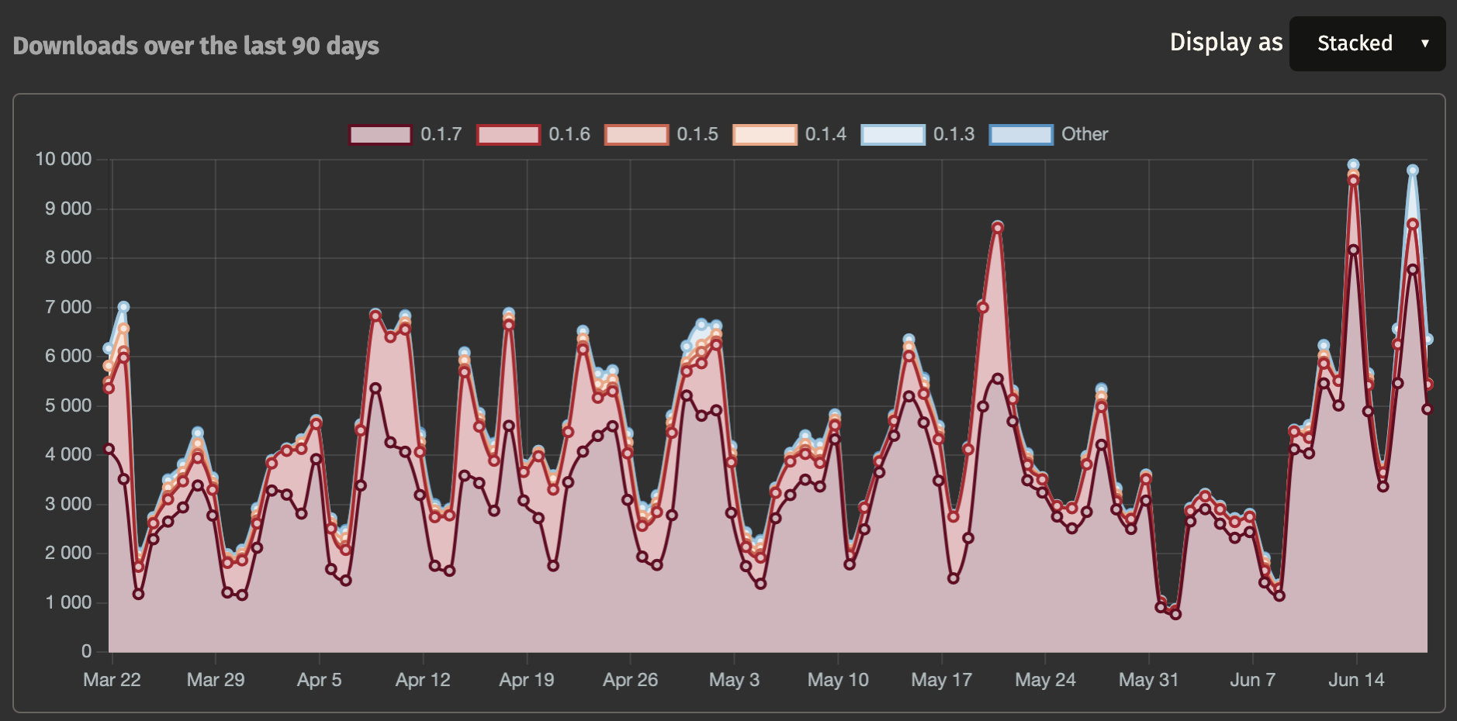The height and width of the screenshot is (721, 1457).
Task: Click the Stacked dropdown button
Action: [1367, 43]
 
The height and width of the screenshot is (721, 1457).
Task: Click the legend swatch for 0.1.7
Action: [380, 134]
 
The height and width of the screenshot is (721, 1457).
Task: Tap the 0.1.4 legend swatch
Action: [764, 134]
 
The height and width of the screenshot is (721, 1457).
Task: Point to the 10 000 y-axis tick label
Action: [64, 159]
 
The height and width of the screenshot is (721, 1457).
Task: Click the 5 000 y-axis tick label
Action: [68, 405]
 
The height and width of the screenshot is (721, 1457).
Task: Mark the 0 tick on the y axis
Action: [86, 651]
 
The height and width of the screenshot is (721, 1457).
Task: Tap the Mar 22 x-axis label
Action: [112, 680]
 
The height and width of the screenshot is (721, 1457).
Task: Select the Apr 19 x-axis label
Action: [527, 680]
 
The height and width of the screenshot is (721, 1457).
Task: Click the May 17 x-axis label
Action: [941, 680]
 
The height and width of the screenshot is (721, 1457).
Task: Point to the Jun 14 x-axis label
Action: [1356, 680]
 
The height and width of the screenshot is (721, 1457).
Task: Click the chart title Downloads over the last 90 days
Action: [196, 46]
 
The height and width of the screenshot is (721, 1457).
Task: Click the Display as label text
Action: [1226, 42]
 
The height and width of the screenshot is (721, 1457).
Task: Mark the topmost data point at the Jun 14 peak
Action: [1354, 164]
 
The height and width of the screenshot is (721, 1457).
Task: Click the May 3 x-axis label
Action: [734, 680]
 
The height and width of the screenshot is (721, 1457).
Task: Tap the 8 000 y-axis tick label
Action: [68, 257]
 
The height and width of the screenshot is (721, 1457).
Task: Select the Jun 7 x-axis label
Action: [1252, 680]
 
